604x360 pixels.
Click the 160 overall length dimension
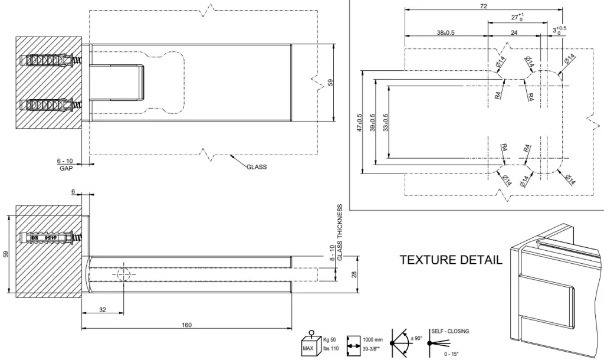(187, 325)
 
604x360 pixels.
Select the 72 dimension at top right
(483, 6)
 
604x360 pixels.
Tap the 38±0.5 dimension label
(445, 33)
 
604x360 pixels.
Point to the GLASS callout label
(256, 167)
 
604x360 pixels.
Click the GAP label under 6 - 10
(65, 168)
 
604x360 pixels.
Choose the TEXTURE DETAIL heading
(451, 260)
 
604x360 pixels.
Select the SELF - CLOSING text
(450, 332)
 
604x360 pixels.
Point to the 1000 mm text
(373, 341)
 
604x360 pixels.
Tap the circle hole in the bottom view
(124, 274)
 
